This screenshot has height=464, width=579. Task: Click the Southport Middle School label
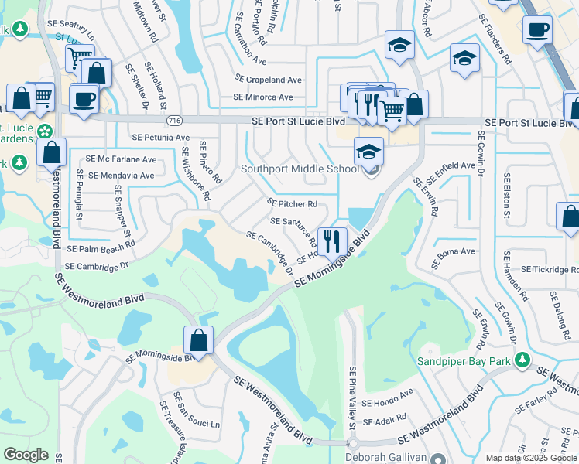[300, 169]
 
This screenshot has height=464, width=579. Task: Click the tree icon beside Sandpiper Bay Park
[523, 360]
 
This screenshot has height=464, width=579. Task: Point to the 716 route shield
[174, 121]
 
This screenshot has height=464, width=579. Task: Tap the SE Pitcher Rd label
[293, 203]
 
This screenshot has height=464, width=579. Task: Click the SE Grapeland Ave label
[268, 80]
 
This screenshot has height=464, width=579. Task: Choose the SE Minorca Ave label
[263, 97]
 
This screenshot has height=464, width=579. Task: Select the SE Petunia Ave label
[161, 138]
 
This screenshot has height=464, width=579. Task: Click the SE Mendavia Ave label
[122, 176]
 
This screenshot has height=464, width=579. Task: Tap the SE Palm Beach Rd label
[101, 250]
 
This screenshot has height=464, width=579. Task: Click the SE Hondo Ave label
[388, 403]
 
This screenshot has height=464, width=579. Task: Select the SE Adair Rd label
[385, 418]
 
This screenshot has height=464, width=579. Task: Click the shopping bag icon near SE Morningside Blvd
[199, 340]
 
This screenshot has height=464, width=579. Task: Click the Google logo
[26, 455]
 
